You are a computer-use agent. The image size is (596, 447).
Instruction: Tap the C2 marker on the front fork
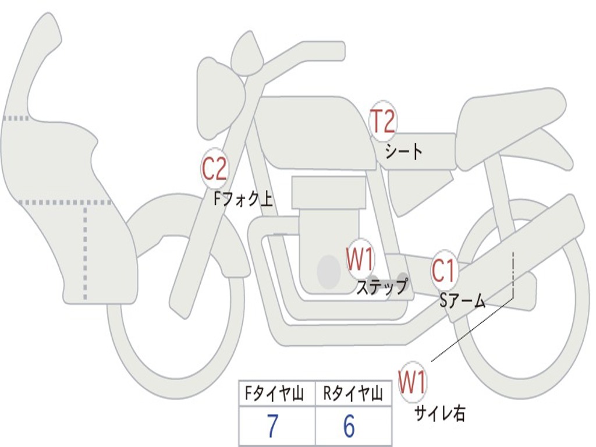tap(214, 169)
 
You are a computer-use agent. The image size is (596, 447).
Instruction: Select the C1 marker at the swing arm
tap(444, 271)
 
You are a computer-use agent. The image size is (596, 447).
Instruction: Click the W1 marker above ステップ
tap(360, 260)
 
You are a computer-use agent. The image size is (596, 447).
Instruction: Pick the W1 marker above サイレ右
tap(412, 382)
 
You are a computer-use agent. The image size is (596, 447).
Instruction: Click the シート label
tap(404, 152)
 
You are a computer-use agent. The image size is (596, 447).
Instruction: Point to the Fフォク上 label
tap(243, 200)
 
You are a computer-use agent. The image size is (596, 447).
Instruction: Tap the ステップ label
tap(382, 287)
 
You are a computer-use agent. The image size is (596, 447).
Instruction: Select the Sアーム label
tap(463, 300)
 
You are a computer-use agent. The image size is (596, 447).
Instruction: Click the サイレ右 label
tap(439, 413)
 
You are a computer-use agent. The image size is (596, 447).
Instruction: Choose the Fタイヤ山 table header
tap(276, 395)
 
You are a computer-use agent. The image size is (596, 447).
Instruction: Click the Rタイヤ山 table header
tap(353, 395)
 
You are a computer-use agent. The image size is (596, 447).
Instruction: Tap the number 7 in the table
tap(272, 427)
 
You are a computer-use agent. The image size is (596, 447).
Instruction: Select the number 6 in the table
tap(349, 427)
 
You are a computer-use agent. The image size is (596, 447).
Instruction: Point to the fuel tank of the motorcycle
tap(314, 131)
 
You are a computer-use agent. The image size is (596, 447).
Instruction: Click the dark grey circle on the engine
tap(329, 271)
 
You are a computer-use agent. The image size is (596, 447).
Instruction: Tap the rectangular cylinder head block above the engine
tap(329, 192)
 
